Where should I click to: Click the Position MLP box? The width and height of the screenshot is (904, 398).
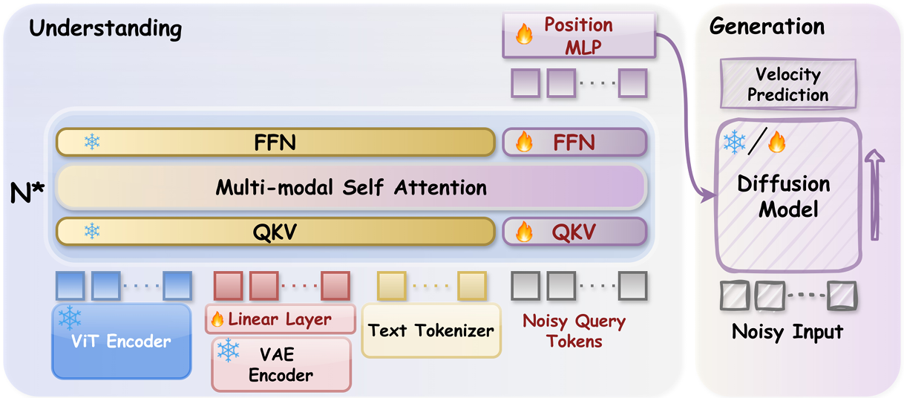click(x=579, y=36)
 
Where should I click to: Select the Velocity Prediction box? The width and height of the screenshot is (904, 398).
click(x=787, y=85)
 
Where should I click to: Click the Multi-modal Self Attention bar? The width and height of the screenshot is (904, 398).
click(x=351, y=187)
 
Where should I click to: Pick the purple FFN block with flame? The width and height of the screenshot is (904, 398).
click(x=574, y=142)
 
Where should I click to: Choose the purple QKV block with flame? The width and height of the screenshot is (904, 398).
click(x=574, y=232)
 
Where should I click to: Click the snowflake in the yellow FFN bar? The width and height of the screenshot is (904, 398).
click(x=92, y=142)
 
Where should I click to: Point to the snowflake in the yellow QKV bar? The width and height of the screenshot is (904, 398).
click(x=92, y=232)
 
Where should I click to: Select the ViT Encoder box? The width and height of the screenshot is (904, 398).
click(x=121, y=340)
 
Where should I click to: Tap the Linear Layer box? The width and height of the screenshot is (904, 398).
click(x=278, y=320)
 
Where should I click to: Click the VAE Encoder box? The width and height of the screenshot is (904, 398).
click(x=281, y=365)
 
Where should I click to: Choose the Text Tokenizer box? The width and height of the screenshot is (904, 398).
click(x=430, y=330)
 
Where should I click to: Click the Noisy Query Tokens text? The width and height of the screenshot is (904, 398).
click(x=574, y=331)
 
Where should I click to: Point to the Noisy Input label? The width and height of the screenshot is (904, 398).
click(x=787, y=331)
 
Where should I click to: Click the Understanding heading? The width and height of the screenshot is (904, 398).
click(x=105, y=29)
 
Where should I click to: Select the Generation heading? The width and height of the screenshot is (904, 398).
click(x=767, y=27)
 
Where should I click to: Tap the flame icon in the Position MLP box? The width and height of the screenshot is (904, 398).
click(x=524, y=35)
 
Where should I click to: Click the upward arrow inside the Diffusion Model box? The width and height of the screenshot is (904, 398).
click(x=875, y=194)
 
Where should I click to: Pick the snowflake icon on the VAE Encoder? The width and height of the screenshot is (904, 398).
click(x=228, y=350)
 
